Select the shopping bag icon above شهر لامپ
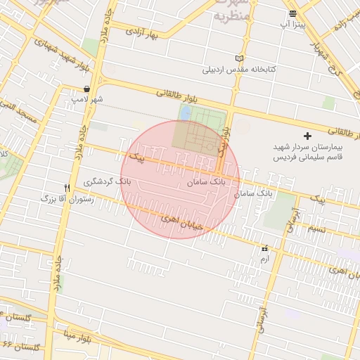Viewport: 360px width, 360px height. [x=86, y=89]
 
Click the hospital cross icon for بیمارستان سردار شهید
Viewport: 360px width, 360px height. [x=306, y=135]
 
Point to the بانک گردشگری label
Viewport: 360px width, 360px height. [x=107, y=182]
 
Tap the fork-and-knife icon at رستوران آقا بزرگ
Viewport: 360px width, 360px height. [x=67, y=188]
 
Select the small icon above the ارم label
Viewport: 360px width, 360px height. [x=264, y=248]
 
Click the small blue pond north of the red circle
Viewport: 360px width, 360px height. [x=185, y=112]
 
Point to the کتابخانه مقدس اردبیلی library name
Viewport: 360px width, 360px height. [x=239, y=70]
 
